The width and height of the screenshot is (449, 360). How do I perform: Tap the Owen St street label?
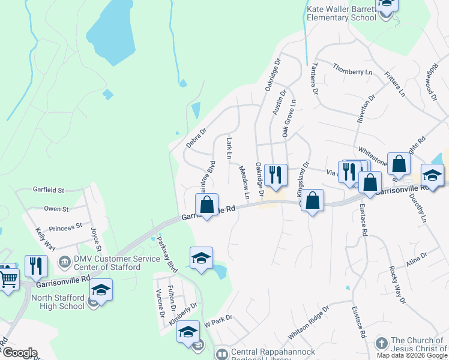pyautogui.click(x=56, y=209)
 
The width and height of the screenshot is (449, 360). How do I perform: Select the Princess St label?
pyautogui.click(x=65, y=227)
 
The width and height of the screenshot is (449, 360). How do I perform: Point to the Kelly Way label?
pyautogui.click(x=45, y=238)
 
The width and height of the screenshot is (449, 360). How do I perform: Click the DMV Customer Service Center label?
pyautogui.click(x=106, y=264)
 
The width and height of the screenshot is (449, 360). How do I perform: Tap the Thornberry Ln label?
pyautogui.click(x=352, y=71)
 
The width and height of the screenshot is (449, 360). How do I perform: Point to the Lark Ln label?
pyautogui.click(x=229, y=148)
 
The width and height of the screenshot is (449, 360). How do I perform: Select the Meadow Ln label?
pyautogui.click(x=245, y=183)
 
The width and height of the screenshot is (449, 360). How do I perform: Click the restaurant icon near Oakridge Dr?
pyautogui.click(x=276, y=175)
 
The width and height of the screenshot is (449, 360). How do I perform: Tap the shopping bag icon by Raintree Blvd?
pyautogui.click(x=206, y=205)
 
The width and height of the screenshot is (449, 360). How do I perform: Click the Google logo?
pyautogui.click(x=19, y=353)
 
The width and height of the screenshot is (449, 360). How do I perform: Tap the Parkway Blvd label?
pyautogui.click(x=166, y=253)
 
